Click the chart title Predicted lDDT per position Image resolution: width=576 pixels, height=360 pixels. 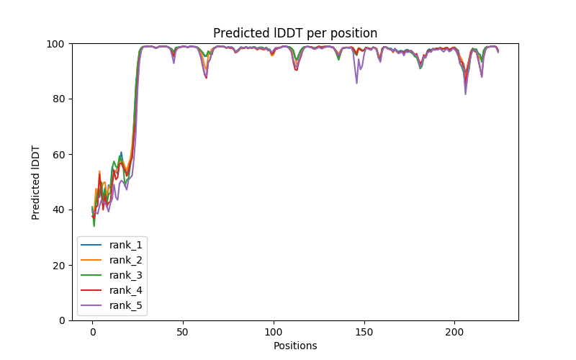pyautogui.click(x=295, y=33)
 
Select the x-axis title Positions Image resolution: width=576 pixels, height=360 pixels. pyautogui.click(x=295, y=346)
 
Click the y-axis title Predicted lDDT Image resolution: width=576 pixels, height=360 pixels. pyautogui.click(x=36, y=182)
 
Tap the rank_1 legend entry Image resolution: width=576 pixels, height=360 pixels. pyautogui.click(x=127, y=245)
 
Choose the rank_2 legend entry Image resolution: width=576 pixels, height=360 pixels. pyautogui.click(x=127, y=260)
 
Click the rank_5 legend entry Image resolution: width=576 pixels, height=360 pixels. pyautogui.click(x=127, y=305)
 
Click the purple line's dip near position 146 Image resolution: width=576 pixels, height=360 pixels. pyautogui.click(x=356, y=83)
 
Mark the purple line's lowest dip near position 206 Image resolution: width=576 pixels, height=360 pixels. pyautogui.click(x=465, y=94)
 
